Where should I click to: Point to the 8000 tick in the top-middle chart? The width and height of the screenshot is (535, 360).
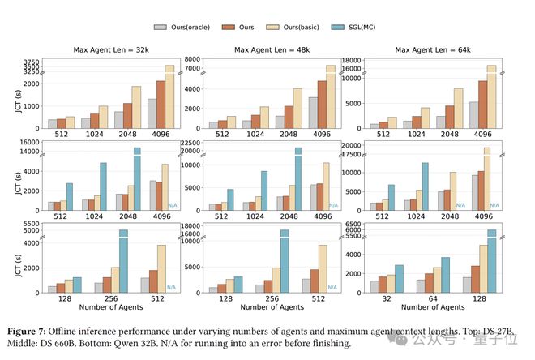191,61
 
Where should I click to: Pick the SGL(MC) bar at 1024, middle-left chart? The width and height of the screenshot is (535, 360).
103,186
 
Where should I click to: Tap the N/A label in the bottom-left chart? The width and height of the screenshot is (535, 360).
172,288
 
